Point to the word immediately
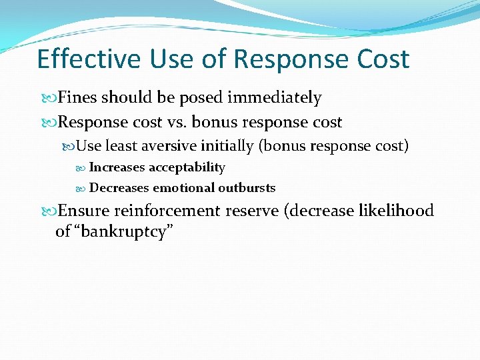coord(275,98)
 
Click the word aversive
coord(179,146)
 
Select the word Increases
coord(117,167)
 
